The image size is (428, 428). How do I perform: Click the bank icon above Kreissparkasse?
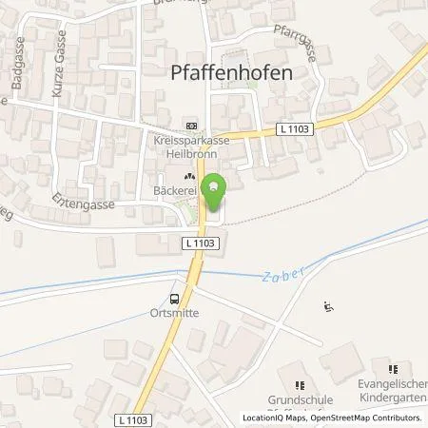[x=191, y=126]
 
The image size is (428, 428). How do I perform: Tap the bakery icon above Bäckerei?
[x=189, y=176]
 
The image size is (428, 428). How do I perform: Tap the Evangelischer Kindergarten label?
[x=389, y=392]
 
